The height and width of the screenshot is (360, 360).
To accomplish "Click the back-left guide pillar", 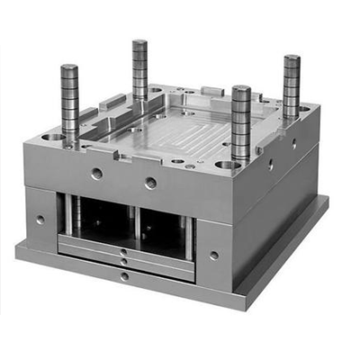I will (x=139, y=67).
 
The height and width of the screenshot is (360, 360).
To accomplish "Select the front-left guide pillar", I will (x=69, y=99).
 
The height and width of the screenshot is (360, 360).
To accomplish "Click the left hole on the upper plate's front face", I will (x=96, y=172).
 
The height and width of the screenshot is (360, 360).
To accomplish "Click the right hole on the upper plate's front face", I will (x=150, y=183).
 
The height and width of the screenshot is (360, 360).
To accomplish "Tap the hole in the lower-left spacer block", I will (x=40, y=219).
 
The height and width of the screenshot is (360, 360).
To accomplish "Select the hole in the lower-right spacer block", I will (x=213, y=255).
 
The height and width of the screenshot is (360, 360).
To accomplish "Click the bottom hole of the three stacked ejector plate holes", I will (x=123, y=275).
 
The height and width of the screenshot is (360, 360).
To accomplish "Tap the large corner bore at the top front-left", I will (x=55, y=137).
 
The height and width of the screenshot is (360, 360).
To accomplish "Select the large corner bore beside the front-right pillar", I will (x=228, y=166).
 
